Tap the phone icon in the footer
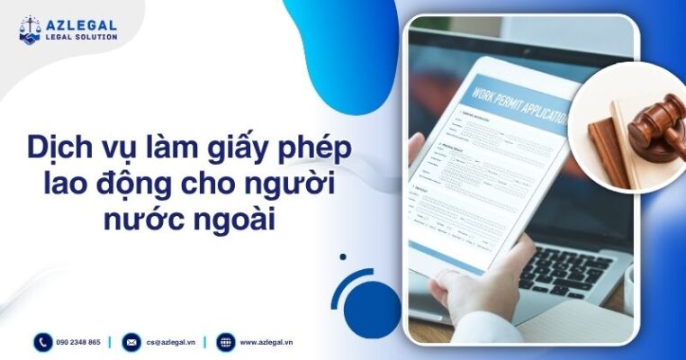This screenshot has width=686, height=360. (x=43, y=342)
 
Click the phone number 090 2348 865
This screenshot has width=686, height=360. (x=78, y=342)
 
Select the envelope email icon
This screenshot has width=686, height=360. (x=131, y=342)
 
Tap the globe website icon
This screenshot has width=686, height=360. (x=225, y=342)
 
